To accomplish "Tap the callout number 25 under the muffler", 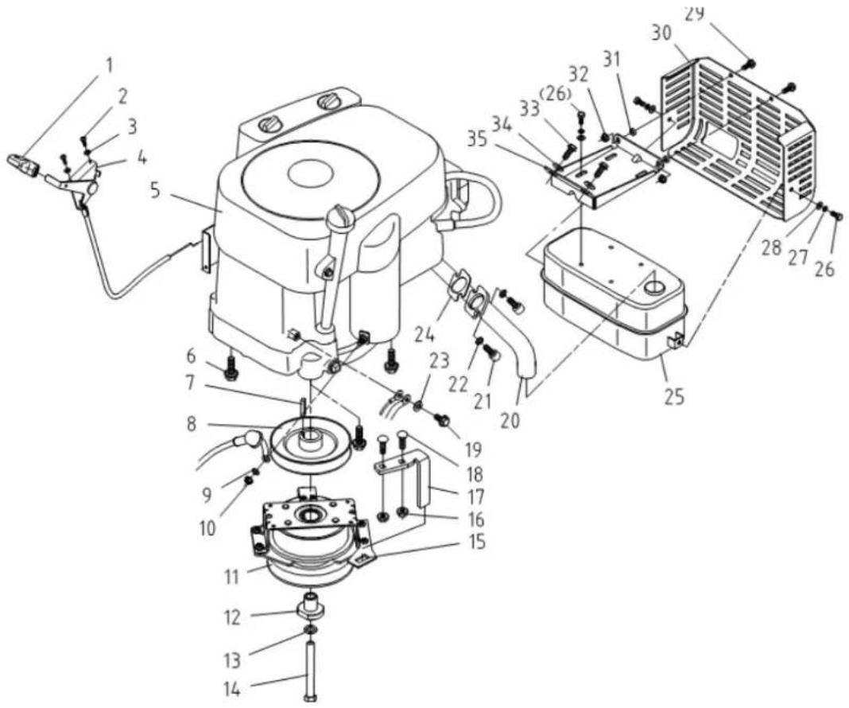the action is pyautogui.click(x=675, y=397).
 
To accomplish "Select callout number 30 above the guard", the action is pyautogui.click(x=661, y=33).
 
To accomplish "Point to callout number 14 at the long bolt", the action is pyautogui.click(x=232, y=690).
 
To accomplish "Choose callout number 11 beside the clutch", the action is pyautogui.click(x=231, y=577).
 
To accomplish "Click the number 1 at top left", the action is pyautogui.click(x=110, y=66).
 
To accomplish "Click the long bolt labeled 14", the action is pyautogui.click(x=311, y=671).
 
